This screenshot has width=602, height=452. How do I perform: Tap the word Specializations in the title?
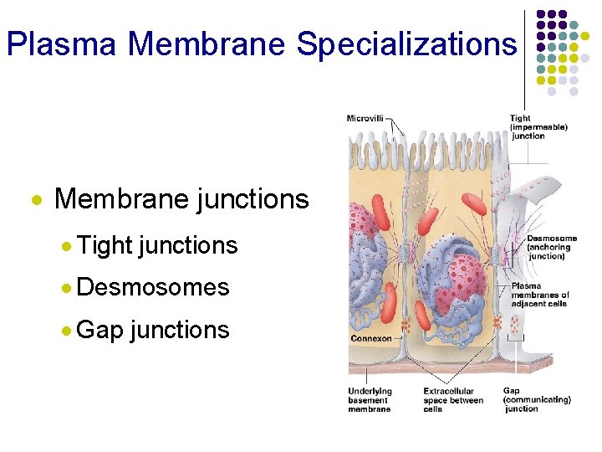pos(406,44)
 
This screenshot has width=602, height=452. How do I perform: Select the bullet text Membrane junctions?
pos(181,199)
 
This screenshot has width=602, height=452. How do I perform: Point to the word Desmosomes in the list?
pos(152,287)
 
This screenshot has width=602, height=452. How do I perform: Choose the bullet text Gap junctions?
pos(152,330)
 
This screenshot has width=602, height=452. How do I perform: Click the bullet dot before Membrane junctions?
pos(36,201)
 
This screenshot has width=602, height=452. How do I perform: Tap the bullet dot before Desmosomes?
pos(66,288)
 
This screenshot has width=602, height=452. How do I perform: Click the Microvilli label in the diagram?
pos(365,118)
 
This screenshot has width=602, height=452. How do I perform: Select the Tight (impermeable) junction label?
pos(538,127)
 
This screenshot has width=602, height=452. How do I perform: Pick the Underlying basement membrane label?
pos(370,400)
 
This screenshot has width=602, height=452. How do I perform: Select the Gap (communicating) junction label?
pos(536,399)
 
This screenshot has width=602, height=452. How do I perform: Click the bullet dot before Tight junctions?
pos(66,246)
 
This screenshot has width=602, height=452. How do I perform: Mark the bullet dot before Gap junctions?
pos(66,331)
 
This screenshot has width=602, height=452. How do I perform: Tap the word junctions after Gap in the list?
pos(180,330)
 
